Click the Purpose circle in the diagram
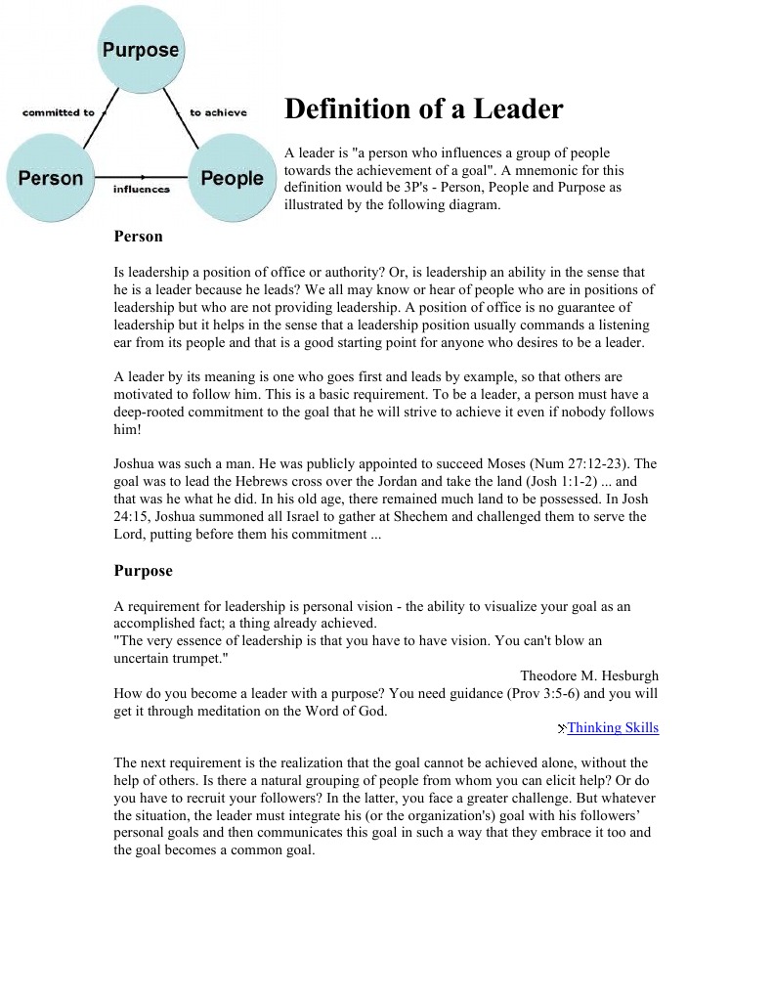click(141, 50)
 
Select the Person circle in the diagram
click(51, 178)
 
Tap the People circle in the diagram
click(232, 178)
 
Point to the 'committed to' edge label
click(59, 112)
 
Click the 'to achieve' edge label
click(218, 112)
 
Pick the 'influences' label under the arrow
click(141, 189)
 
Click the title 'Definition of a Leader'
click(423, 109)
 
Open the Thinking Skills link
click(613, 728)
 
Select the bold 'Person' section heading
click(138, 237)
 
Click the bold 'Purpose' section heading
click(143, 571)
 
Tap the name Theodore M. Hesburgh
click(588, 675)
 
